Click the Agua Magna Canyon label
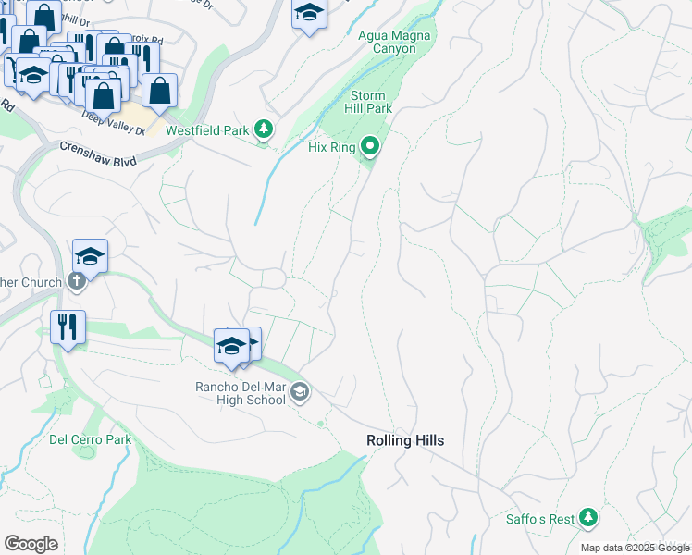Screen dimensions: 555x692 click(395, 43)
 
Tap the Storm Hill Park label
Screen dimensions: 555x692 click(371, 102)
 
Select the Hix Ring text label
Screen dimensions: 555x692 click(331, 147)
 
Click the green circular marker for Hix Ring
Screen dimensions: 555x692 click(370, 146)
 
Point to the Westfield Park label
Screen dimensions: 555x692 click(207, 130)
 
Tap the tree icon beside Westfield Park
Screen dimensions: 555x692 click(265, 129)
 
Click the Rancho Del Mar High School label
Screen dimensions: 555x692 click(240, 393)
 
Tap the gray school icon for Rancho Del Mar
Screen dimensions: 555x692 click(299, 393)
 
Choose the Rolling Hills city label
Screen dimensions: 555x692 click(404, 440)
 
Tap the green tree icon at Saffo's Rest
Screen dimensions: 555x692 click(587, 518)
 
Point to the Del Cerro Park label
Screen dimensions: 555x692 click(90, 439)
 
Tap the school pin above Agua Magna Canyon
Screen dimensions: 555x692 click(309, 14)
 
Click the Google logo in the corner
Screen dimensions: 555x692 click(31, 544)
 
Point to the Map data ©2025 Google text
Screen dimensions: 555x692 click(634, 548)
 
